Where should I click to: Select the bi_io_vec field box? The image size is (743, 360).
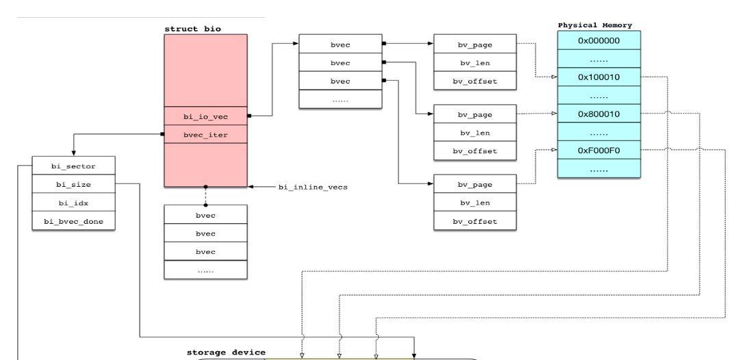click(205, 116)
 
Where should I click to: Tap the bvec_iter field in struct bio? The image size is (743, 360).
click(205, 135)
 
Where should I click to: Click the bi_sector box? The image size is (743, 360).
click(74, 166)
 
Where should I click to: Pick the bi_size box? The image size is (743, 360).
click(74, 184)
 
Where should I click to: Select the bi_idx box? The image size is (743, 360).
click(74, 203)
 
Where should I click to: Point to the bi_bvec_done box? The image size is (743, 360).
click(74, 222)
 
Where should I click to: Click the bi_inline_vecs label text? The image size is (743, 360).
click(312, 186)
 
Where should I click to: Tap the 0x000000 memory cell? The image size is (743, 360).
click(599, 40)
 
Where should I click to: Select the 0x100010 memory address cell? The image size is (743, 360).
click(599, 77)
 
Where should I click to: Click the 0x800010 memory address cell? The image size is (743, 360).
click(599, 114)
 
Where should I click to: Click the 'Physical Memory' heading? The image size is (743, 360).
click(595, 25)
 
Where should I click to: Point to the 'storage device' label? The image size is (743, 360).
click(226, 352)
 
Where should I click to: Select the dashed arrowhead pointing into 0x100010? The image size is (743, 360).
click(554, 77)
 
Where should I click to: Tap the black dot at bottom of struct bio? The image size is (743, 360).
click(205, 187)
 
